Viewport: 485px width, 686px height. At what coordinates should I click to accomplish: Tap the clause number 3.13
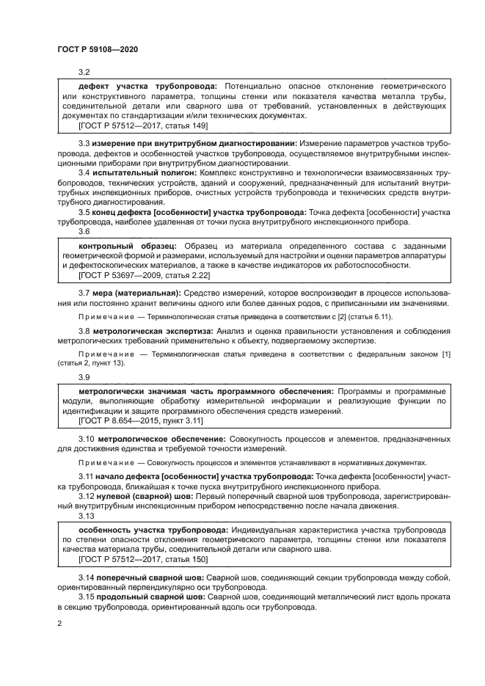pos(87,516)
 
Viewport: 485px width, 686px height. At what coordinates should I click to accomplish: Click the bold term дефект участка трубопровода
pos(148,85)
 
